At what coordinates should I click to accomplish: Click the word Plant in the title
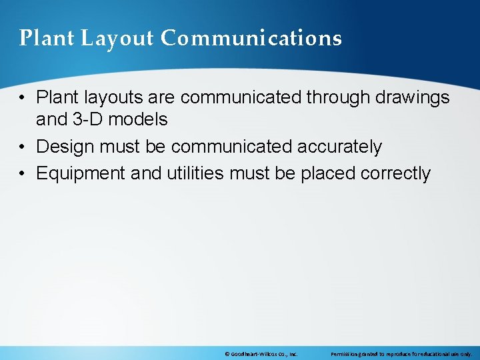click(x=47, y=39)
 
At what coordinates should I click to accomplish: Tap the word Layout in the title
click(x=117, y=39)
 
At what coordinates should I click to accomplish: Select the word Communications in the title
click(x=251, y=39)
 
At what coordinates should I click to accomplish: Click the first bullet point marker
click(x=23, y=98)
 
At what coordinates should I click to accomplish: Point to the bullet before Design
click(x=23, y=147)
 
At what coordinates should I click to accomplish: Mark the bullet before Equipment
click(x=23, y=174)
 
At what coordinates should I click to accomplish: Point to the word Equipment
click(x=81, y=174)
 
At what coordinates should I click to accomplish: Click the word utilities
click(x=193, y=174)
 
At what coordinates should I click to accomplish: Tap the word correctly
click(x=395, y=174)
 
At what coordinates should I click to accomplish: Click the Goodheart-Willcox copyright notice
click(x=261, y=354)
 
